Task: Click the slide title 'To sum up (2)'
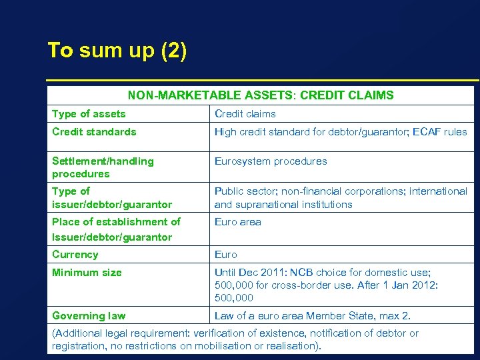pyautogui.click(x=117, y=51)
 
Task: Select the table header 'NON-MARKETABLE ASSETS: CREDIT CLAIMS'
pyautogui.click(x=261, y=95)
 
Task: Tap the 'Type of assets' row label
pyautogui.click(x=89, y=114)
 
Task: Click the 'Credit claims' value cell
pyautogui.click(x=245, y=114)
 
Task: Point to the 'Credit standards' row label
pyautogui.click(x=94, y=132)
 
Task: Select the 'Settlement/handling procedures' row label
pyautogui.click(x=103, y=167)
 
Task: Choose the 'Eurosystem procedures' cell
pyautogui.click(x=271, y=161)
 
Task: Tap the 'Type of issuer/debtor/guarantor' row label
pyautogui.click(x=112, y=198)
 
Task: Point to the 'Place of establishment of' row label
pyautogui.click(x=116, y=222)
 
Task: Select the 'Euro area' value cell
pyautogui.click(x=237, y=222)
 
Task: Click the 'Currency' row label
pyautogui.click(x=75, y=255)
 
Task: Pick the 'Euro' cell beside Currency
pyautogui.click(x=225, y=255)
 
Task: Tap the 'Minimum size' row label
pyautogui.click(x=87, y=273)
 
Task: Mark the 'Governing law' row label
pyautogui.click(x=88, y=316)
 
